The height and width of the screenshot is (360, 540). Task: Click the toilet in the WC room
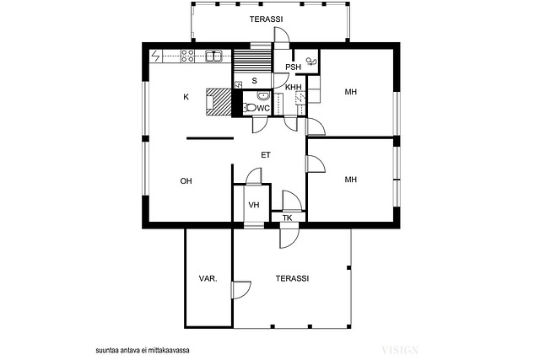(249, 108)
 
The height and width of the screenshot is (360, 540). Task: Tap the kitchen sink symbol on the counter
(213, 56)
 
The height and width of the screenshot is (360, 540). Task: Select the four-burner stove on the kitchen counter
(188, 56)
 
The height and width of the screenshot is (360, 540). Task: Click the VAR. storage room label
(208, 278)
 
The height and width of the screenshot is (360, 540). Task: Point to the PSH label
(293, 67)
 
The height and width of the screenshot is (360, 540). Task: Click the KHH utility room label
(293, 87)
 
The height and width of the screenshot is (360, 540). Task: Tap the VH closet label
(254, 205)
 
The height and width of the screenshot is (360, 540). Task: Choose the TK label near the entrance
(287, 218)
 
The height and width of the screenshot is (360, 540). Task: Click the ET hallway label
(266, 155)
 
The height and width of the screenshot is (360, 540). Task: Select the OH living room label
(186, 181)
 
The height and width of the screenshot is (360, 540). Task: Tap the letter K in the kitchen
(186, 97)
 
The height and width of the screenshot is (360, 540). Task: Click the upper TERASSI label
(267, 19)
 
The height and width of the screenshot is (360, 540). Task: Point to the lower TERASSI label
(292, 278)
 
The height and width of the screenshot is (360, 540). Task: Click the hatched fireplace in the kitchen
(219, 102)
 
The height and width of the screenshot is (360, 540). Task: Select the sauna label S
(255, 81)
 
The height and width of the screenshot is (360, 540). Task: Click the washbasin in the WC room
(263, 95)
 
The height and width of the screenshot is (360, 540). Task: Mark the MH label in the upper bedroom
(351, 92)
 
